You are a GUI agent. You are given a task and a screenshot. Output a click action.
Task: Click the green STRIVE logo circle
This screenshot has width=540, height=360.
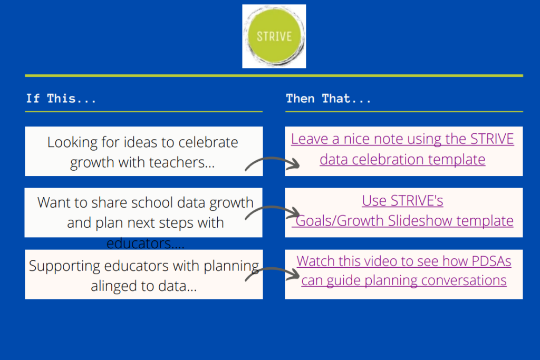pos(274,36)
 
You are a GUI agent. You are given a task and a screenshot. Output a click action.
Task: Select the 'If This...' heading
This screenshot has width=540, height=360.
pos(61,99)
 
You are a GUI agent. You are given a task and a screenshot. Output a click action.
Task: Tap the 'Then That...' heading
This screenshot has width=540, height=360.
pos(328,99)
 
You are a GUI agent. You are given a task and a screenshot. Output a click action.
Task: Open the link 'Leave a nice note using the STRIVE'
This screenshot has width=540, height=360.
pos(402,139)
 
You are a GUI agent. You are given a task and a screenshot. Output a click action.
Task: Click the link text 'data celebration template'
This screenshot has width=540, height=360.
pos(402,159)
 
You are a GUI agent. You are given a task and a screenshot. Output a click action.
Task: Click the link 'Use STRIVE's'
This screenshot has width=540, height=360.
pos(402,201)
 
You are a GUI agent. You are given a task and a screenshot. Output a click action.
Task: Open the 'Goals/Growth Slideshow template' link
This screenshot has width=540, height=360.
pos(403,221)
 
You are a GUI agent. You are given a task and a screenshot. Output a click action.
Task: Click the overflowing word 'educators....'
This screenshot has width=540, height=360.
pos(146,244)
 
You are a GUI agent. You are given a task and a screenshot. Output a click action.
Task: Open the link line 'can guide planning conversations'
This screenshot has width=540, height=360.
pos(404,280)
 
